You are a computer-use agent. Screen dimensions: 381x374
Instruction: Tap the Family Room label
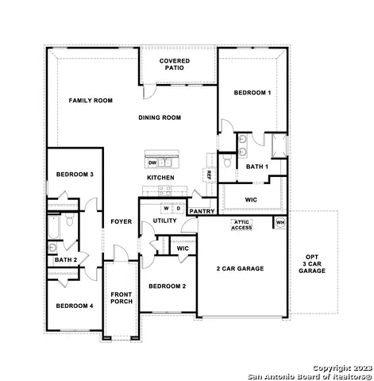[91, 101]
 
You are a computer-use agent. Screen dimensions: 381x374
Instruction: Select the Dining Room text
[160, 117]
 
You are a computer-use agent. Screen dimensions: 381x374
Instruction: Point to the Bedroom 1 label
[253, 93]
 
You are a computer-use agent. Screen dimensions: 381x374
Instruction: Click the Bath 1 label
[256, 167]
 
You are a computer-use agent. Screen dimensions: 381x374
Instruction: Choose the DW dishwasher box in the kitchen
[152, 163]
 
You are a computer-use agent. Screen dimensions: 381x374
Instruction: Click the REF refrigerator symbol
[209, 175]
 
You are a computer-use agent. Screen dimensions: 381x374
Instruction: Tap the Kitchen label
[160, 178]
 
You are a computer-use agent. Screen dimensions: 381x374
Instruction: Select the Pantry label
[202, 211]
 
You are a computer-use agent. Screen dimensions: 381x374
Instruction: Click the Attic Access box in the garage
[241, 225]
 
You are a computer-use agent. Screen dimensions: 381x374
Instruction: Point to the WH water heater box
[280, 223]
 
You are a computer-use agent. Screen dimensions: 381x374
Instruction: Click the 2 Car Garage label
[240, 268]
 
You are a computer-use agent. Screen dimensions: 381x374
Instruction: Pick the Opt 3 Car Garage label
[312, 264]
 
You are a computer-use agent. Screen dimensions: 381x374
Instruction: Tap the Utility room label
[165, 221]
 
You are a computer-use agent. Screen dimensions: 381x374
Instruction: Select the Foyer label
[121, 221]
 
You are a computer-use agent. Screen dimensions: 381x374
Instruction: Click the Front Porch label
[121, 298]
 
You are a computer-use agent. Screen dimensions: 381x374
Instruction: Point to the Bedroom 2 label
[168, 286]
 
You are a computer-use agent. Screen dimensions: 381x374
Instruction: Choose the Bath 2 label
[65, 260]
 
